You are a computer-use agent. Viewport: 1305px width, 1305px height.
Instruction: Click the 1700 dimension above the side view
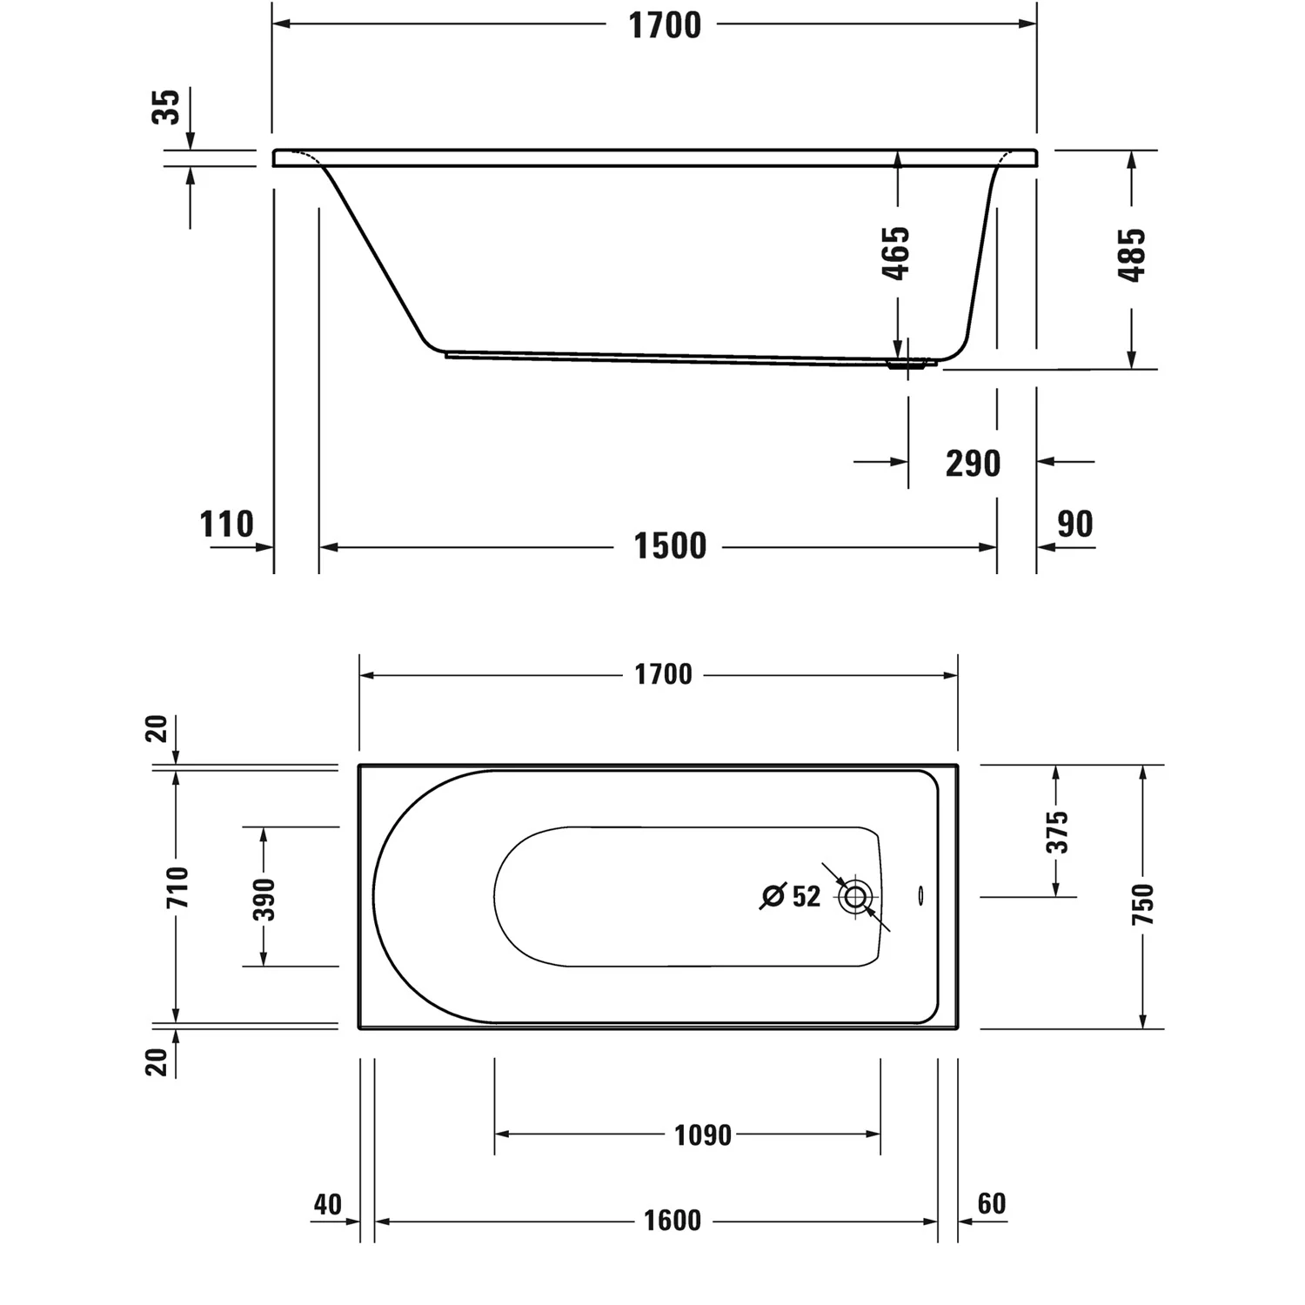(x=665, y=25)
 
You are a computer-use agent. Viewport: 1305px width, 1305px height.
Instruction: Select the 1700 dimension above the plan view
(x=663, y=674)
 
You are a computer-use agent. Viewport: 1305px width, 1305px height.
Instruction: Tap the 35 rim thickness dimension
(x=166, y=106)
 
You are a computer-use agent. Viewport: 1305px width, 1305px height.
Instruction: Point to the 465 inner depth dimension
(x=895, y=252)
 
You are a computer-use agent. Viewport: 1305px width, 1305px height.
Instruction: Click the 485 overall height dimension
(x=1131, y=254)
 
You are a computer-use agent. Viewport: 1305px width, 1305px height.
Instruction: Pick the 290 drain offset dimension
(x=973, y=464)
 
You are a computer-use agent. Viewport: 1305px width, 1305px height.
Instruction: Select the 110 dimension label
(x=227, y=525)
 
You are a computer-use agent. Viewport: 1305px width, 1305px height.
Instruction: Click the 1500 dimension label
(x=669, y=546)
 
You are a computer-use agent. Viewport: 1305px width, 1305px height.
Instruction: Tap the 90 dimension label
(x=1074, y=524)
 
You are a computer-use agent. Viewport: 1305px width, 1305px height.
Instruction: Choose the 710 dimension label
(x=178, y=887)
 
